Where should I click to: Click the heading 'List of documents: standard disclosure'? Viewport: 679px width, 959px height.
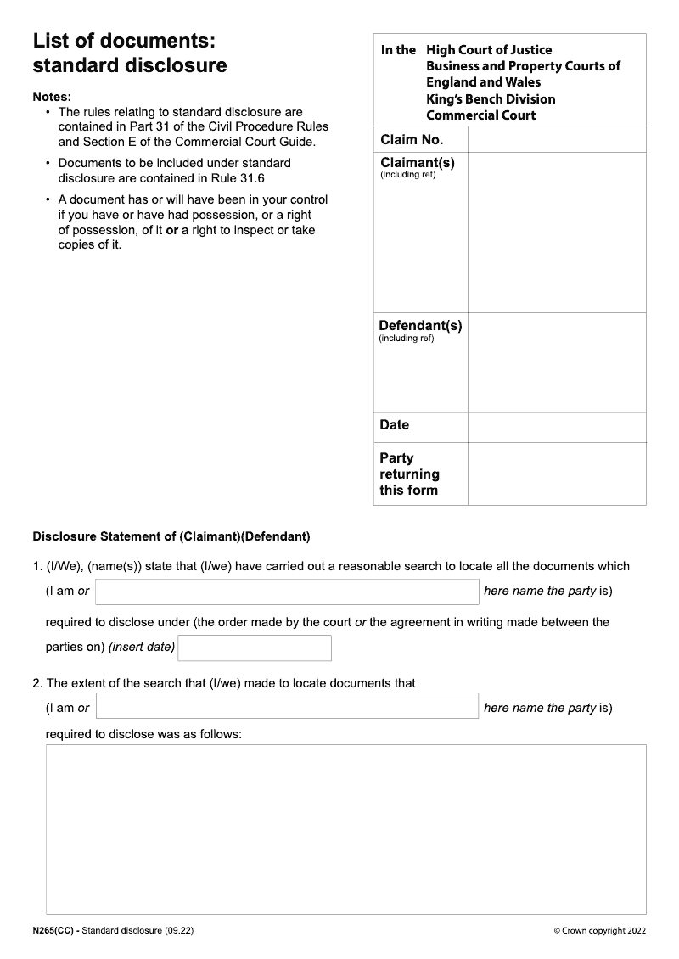point(129,53)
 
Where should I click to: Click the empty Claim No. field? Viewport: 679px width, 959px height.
point(556,140)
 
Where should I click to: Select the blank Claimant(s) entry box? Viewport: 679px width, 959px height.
point(556,233)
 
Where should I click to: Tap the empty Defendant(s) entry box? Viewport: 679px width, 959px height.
point(556,362)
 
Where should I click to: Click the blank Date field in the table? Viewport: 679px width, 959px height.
point(556,428)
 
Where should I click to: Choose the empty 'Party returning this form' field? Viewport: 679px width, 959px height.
point(556,474)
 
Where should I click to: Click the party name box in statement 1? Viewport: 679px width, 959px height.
point(287,592)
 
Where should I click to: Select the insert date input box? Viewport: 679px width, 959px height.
point(255,648)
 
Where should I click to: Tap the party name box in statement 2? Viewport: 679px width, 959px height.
point(287,706)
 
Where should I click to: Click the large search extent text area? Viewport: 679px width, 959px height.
point(345,829)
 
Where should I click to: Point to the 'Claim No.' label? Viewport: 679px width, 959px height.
point(412,140)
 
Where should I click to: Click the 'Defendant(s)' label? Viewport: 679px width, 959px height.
point(420,326)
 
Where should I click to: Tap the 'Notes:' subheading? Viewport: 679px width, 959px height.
point(52,97)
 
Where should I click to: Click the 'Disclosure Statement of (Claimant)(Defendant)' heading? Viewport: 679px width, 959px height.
point(171,536)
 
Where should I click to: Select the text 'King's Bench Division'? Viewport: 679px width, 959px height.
point(491,99)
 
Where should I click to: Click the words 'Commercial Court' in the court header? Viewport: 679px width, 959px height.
point(480,115)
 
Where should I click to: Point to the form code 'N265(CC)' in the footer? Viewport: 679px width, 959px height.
point(53,931)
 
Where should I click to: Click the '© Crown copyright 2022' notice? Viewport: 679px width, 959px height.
point(599,931)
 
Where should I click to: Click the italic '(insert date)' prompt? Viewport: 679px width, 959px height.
point(142,648)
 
